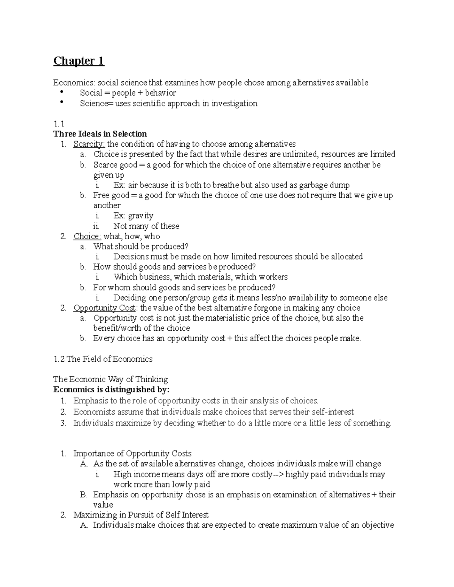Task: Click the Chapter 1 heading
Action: coord(79,61)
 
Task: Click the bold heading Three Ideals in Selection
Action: coord(100,134)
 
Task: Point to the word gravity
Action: coord(141,216)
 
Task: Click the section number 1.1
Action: coord(59,124)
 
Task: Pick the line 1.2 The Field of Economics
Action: coord(103,359)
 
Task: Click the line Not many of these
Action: coord(146,226)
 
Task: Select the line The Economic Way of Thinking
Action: coord(110,379)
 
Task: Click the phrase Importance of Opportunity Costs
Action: coord(132,454)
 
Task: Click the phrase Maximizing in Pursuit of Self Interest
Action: coord(141,515)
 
